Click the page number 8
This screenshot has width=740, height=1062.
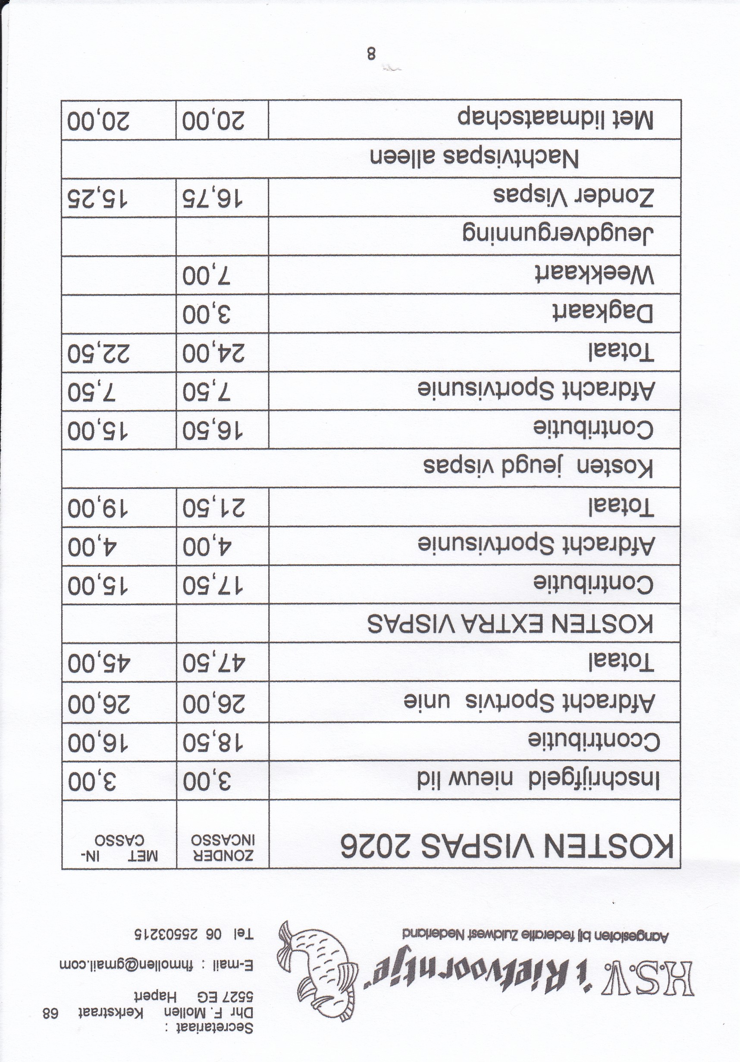(x=371, y=53)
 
